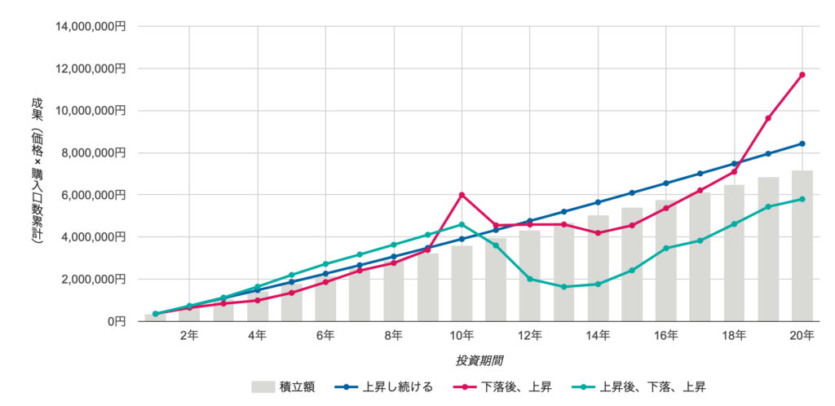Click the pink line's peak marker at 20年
click(x=802, y=75)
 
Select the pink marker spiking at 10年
click(x=462, y=195)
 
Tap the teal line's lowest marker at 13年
click(x=564, y=287)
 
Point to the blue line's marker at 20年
click(x=802, y=143)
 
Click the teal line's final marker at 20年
click(x=802, y=199)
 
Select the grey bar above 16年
click(x=666, y=261)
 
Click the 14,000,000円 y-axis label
click(x=91, y=27)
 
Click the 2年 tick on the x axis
click(x=189, y=335)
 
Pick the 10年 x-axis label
click(x=462, y=335)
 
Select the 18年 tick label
click(x=734, y=335)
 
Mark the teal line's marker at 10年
click(x=462, y=224)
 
